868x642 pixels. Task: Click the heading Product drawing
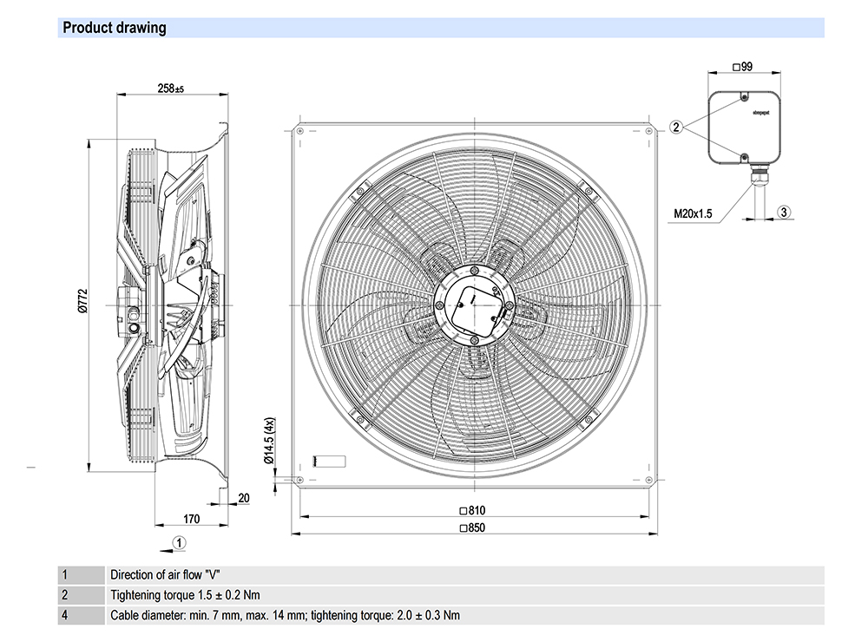(x=114, y=28)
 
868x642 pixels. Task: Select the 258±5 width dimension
(x=172, y=88)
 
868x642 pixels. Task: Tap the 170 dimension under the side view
(x=191, y=519)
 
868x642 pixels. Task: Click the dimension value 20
(x=243, y=497)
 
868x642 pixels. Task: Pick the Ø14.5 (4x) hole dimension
(x=269, y=444)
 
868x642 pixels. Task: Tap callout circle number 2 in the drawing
(x=676, y=128)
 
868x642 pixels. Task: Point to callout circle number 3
(x=783, y=212)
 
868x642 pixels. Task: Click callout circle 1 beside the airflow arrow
(x=178, y=542)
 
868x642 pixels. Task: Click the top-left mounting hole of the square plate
(x=299, y=130)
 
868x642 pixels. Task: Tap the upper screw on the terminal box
(x=745, y=97)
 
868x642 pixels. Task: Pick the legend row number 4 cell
(x=64, y=616)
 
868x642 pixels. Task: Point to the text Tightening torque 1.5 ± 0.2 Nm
(x=185, y=595)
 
